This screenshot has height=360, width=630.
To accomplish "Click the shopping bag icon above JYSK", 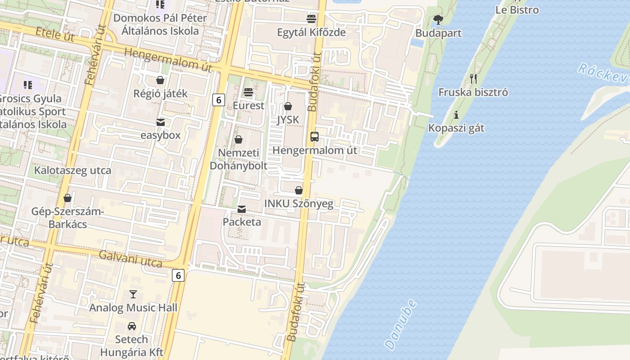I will click(x=288, y=106).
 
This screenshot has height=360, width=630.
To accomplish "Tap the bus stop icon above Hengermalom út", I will click(x=315, y=137).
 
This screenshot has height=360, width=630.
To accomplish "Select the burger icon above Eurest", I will click(x=248, y=92).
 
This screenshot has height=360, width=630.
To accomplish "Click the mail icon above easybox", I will click(x=161, y=122).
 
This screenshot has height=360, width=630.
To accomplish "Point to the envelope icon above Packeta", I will click(x=242, y=209).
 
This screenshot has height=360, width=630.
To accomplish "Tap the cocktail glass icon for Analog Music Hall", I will click(x=133, y=294).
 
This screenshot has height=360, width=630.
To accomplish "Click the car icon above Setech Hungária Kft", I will click(x=131, y=326).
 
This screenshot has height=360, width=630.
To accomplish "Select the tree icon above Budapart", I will click(x=438, y=20).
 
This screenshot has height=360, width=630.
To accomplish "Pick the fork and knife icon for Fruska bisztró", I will click(x=473, y=79).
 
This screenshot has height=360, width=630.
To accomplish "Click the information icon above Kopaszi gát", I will click(x=456, y=115).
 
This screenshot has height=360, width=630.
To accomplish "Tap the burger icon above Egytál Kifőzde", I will click(x=311, y=19).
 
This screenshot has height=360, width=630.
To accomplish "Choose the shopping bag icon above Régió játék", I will click(x=160, y=81).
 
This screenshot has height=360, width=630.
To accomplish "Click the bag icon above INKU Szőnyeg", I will click(x=298, y=190).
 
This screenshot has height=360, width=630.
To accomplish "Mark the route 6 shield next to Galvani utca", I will click(x=178, y=275).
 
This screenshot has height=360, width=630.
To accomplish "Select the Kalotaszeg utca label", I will click(x=73, y=171).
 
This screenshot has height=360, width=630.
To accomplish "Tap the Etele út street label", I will click(x=55, y=35).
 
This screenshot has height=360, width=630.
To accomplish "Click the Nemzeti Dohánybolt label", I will click(x=238, y=159).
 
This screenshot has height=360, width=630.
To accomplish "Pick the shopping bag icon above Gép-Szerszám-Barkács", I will click(x=67, y=198).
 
